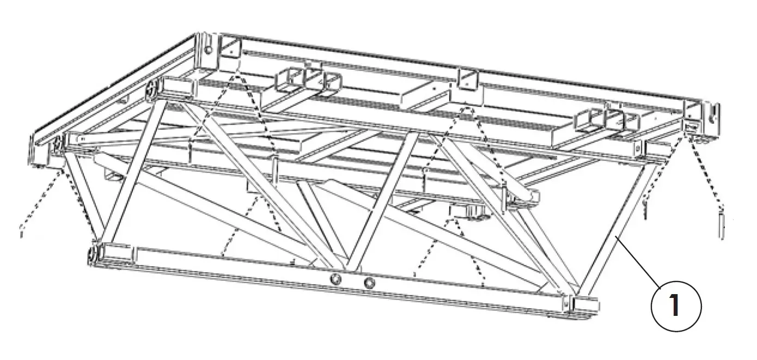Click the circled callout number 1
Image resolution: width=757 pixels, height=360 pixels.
[676, 306]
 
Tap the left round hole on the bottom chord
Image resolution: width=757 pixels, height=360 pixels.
[335, 279]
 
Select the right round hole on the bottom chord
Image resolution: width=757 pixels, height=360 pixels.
[369, 282]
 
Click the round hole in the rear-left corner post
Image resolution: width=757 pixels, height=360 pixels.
[209, 50]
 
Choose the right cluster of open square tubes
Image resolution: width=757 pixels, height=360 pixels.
[607, 120]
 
